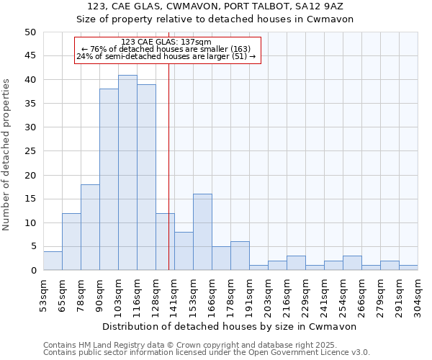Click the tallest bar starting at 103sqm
click(x=127, y=173)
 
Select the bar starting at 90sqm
click(x=109, y=180)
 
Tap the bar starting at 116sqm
click(x=146, y=177)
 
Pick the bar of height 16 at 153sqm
click(x=202, y=232)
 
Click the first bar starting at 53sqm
click(x=53, y=261)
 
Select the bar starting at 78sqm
click(x=90, y=228)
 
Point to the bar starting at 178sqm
click(x=240, y=256)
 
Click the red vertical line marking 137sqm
click(x=168, y=180)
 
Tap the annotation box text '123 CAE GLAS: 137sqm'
click(x=166, y=42)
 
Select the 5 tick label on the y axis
click(x=32, y=247)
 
